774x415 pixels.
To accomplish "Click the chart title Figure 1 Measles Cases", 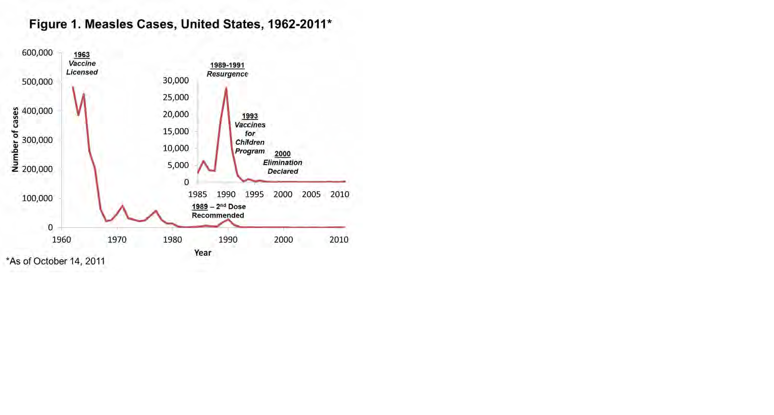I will tap(180, 24).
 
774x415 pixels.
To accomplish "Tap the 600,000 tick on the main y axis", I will tap(37, 53).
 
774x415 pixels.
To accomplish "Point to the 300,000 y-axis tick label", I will tap(37, 140).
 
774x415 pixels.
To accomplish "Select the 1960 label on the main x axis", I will tap(61, 240).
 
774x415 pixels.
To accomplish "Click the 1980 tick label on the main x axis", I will tap(172, 240).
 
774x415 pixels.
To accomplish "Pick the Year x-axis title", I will tap(203, 253).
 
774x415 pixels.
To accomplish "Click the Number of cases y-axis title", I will tap(15, 139).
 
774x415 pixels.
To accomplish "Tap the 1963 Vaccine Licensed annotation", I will tap(82, 63).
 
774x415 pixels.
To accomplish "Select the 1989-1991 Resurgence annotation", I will tap(227, 70).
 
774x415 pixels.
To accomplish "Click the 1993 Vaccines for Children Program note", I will tap(250, 133).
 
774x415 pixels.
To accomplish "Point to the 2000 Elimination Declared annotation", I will tap(283, 163).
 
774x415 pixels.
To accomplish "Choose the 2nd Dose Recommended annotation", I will tap(219, 211).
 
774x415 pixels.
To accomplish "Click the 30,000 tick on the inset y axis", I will tap(176, 80).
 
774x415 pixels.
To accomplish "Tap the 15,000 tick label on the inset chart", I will tap(176, 132).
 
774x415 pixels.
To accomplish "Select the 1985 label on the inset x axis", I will tap(197, 194).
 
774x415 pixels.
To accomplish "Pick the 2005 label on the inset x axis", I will tap(311, 194).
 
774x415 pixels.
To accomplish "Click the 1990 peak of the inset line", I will tap(226, 88).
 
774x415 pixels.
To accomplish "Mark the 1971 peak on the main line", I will tap(122, 206).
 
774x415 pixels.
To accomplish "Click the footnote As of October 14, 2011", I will tap(56, 261).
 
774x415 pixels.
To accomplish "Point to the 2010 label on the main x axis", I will tap(339, 240).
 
